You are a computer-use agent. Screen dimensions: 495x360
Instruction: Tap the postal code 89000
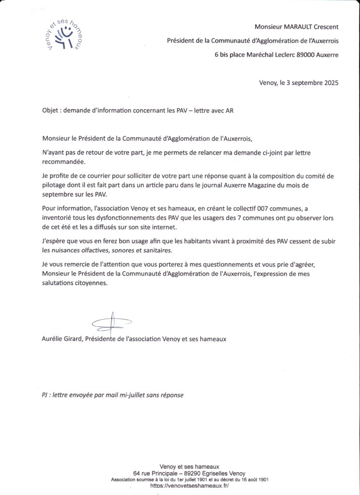303,55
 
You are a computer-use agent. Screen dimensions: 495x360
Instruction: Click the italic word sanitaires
155,250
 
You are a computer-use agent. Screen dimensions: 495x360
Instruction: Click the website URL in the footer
189,485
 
